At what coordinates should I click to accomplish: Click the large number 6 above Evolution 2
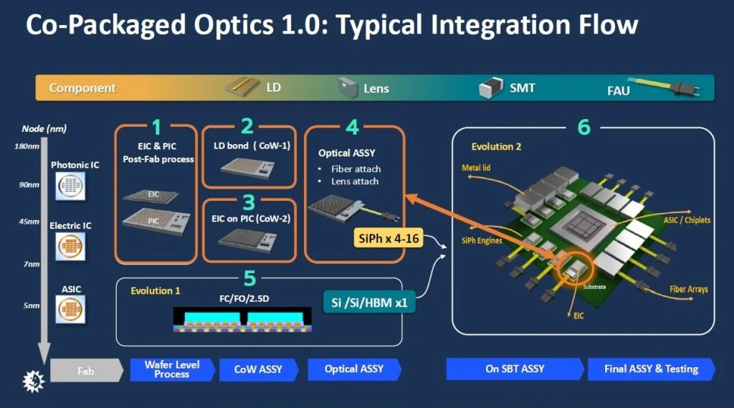coord(583,127)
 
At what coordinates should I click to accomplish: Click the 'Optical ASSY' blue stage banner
coord(354,369)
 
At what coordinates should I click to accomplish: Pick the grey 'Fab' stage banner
coord(86,370)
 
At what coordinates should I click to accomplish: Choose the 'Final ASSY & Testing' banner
coord(651,369)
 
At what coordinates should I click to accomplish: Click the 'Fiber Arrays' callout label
coord(688,289)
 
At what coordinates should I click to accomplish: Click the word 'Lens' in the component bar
coord(376,88)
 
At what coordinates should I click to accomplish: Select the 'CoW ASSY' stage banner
coord(258,369)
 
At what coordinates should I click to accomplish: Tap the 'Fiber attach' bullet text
coord(356,169)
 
